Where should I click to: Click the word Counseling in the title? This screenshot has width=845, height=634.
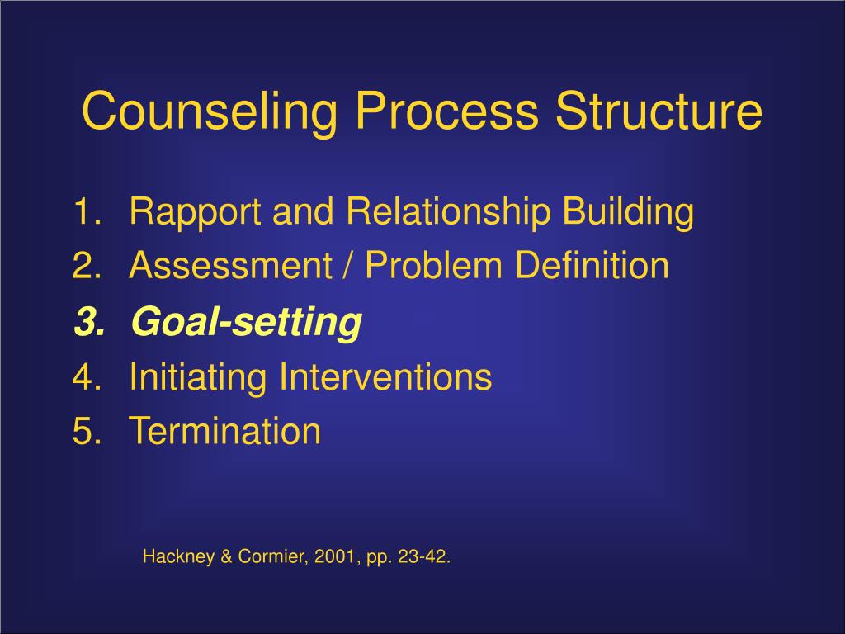(x=210, y=112)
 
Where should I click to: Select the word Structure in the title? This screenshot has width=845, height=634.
(x=659, y=112)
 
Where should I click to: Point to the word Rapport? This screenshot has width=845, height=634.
(x=195, y=212)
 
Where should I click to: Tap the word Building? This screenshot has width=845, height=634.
(x=628, y=212)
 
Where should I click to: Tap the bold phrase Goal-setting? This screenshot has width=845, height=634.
(x=246, y=323)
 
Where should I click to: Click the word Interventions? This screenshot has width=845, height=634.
(x=385, y=378)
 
